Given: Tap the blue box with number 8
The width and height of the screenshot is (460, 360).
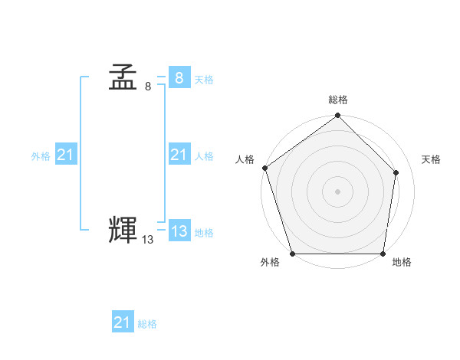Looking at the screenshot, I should pos(179,77).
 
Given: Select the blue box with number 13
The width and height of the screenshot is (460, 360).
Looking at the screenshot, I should pos(179,231).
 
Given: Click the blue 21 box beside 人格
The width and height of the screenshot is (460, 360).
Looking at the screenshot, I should pos(179,155).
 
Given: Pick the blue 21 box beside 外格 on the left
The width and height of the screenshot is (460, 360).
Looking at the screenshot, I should pos(65,155).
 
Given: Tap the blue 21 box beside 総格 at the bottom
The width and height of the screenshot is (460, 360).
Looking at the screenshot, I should pos(123,322).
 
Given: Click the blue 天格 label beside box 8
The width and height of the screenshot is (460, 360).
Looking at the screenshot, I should pos(204,80).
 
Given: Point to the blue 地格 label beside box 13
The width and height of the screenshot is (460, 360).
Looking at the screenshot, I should pos(204,233).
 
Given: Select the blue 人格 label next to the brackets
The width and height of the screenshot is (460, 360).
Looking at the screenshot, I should pos(204,156).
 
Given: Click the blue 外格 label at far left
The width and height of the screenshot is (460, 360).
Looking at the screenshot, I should pos(41,156).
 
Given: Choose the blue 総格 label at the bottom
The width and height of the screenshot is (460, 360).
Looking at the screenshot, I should pos(147,325).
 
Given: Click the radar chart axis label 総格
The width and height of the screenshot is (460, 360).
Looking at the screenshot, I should pos(338,100).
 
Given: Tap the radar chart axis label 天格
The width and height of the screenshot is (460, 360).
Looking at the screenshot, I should pos(431,159).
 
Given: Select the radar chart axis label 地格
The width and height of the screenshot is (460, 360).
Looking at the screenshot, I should pos(402,263).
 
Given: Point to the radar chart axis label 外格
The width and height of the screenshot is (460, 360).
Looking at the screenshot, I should pos(270,263).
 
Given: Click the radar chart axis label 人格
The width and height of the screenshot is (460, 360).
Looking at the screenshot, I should pos(245,159).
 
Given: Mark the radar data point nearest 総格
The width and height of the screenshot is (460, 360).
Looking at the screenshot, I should pos(338,116).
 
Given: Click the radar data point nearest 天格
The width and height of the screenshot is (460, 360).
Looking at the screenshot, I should pos(396,173).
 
